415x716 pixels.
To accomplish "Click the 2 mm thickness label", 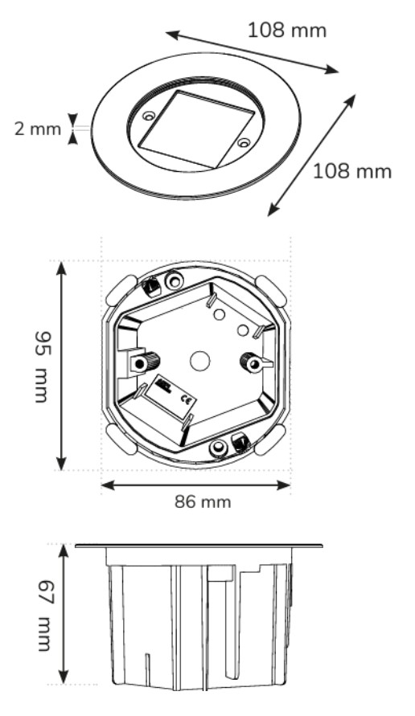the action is [x=38, y=129].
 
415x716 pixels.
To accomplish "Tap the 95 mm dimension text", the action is [x=42, y=367].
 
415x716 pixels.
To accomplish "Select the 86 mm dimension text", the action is [x=203, y=501].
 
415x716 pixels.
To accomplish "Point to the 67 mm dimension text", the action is [x=45, y=615].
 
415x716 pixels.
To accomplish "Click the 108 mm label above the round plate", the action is [x=287, y=31].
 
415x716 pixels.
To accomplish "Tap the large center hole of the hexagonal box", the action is [x=199, y=361].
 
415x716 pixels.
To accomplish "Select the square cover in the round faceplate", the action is [x=195, y=129].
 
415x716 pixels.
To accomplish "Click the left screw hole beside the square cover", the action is [x=148, y=116].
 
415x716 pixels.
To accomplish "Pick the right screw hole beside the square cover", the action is [x=244, y=143].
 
